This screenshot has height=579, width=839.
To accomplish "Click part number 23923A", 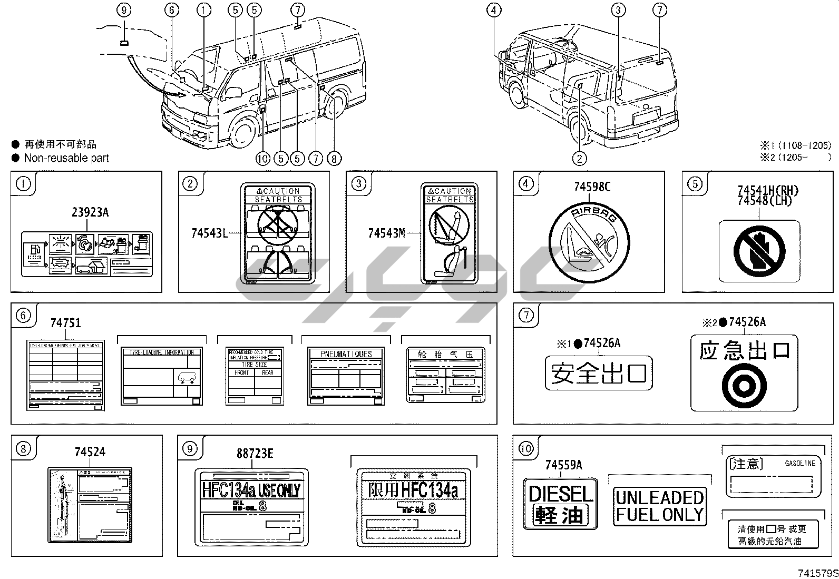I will point(90,212).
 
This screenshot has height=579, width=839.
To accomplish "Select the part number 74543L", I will point(209,232).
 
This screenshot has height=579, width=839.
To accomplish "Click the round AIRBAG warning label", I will point(589,247).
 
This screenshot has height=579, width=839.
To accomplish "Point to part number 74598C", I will point(592,187).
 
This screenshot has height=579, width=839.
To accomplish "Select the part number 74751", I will point(66,322).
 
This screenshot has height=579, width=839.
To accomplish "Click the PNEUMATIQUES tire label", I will point(346,376).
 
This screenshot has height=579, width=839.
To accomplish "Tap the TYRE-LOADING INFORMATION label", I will point(161,376).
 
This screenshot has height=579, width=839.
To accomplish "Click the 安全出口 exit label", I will point(599,374).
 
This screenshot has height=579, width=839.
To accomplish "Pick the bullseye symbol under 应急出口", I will point(744,386).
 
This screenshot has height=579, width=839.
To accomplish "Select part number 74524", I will point(90,452).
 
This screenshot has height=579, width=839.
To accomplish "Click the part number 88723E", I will point(255,453).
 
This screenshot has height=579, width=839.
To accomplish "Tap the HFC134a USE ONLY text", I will point(251,490).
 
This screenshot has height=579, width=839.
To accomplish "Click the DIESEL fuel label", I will point(560,503).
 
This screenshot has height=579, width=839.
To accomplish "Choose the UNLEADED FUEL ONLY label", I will point(660,506).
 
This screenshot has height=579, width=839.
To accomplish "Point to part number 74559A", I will point(563,465).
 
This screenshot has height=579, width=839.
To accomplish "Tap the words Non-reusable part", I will point(66,158).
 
